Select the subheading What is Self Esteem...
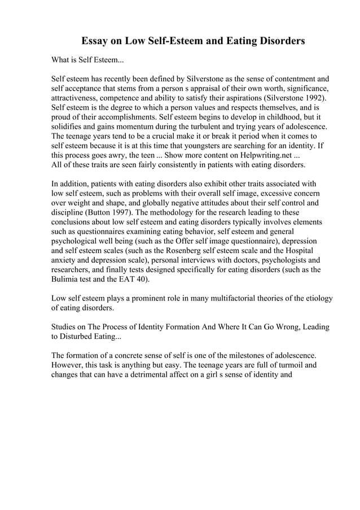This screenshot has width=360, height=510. pyautogui.click(x=87, y=59)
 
